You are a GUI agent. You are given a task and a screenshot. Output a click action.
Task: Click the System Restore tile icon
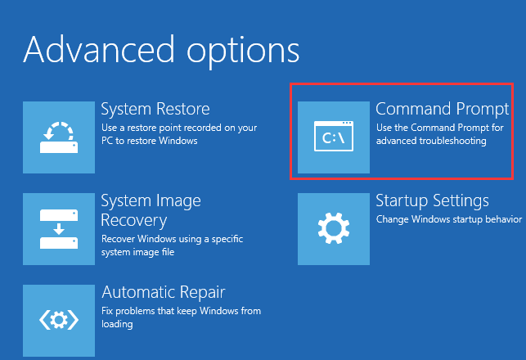[59, 137]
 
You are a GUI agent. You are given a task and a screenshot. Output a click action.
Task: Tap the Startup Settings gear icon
[334, 229]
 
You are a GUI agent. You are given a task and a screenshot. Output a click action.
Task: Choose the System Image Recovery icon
[59, 229]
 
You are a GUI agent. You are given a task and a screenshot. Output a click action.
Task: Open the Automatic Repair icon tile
[59, 321]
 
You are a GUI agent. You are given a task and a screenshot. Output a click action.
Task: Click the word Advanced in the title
[99, 50]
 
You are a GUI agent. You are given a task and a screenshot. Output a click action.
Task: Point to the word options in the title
[243, 53]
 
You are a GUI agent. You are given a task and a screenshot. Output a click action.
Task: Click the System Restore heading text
[155, 110]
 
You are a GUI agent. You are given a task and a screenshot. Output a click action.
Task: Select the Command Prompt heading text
[442, 110]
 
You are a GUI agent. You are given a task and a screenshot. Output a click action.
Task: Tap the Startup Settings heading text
[432, 201]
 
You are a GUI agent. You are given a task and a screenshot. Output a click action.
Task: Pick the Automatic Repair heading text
[164, 292]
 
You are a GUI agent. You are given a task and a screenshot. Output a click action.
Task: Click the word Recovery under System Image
[134, 221]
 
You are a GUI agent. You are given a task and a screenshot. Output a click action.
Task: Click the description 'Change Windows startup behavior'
[449, 219]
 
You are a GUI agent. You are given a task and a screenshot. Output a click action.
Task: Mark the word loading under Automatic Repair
[117, 325]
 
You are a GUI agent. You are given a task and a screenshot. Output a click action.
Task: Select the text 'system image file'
[138, 252]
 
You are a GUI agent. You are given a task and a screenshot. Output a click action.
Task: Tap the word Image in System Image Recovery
[178, 201]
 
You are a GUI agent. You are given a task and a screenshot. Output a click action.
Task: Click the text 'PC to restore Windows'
[149, 141]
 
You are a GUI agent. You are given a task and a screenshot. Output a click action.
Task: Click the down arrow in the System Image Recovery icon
[59, 229]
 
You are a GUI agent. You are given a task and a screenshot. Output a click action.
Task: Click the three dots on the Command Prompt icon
[347, 123]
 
